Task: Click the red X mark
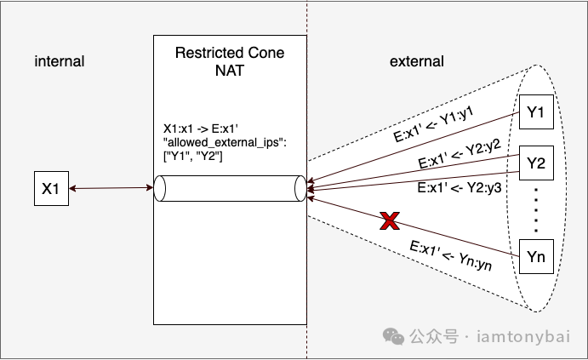click(x=388, y=223)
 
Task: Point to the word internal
click(x=60, y=61)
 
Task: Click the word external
click(x=416, y=61)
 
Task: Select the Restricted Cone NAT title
click(x=230, y=61)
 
